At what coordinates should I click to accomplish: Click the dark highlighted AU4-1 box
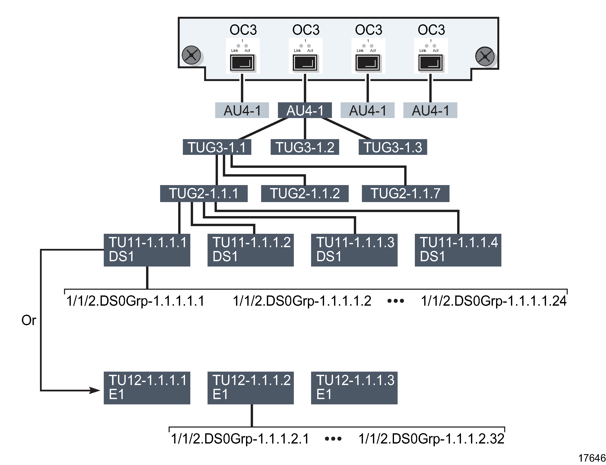pyautogui.click(x=305, y=110)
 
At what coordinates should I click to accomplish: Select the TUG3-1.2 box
pyautogui.click(x=305, y=147)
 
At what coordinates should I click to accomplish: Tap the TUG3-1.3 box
pyautogui.click(x=393, y=147)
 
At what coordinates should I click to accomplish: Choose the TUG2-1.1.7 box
pyautogui.click(x=405, y=194)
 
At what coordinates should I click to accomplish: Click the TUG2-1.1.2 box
pyautogui.click(x=305, y=194)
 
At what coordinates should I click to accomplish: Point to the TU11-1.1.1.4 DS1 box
pyautogui.click(x=458, y=250)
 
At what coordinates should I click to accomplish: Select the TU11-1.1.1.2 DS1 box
pyautogui.click(x=250, y=250)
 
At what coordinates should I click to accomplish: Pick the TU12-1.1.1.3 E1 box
pyautogui.click(x=354, y=388)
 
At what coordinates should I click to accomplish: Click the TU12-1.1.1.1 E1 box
pyautogui.click(x=147, y=388)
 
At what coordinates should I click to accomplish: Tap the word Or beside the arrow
pyautogui.click(x=29, y=320)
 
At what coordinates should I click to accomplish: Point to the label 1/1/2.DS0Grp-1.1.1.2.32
pyautogui.click(x=431, y=439)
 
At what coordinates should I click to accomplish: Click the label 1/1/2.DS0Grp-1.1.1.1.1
pyautogui.click(x=135, y=301)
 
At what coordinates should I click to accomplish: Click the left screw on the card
pyautogui.click(x=191, y=55)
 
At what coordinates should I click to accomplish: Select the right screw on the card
pyautogui.click(x=485, y=56)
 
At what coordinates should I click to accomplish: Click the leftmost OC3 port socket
pyautogui.click(x=242, y=63)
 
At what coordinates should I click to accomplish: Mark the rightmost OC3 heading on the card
pyautogui.click(x=431, y=30)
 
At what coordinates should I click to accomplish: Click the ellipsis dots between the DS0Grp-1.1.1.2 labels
pyautogui.click(x=333, y=439)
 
